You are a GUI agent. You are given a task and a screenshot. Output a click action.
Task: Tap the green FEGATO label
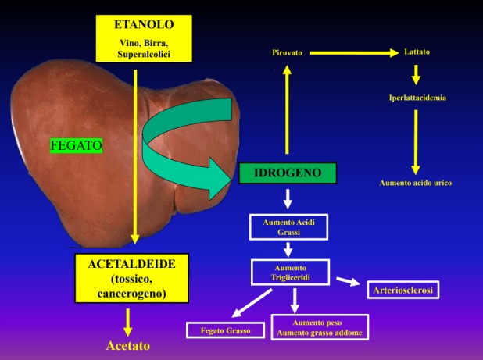point(77,145)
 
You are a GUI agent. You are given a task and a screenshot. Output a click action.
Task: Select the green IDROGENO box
point(288,173)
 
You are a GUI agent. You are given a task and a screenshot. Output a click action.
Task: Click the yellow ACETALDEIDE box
point(131,278)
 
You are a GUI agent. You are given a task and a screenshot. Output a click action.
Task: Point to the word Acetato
point(127,344)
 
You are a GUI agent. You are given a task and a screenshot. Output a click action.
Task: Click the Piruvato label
point(287,52)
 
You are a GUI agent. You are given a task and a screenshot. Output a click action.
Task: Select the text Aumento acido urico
point(416,182)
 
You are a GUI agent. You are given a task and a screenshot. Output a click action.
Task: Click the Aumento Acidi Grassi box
point(288,226)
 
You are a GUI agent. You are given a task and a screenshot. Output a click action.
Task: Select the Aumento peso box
point(317,327)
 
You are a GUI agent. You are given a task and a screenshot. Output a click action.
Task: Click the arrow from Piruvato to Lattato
point(356,52)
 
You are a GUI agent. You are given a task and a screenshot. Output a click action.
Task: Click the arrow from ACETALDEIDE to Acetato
point(128,321)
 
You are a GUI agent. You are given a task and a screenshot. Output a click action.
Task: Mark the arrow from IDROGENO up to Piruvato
point(287,109)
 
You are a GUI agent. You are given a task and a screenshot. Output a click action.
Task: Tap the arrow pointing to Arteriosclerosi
point(347,281)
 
